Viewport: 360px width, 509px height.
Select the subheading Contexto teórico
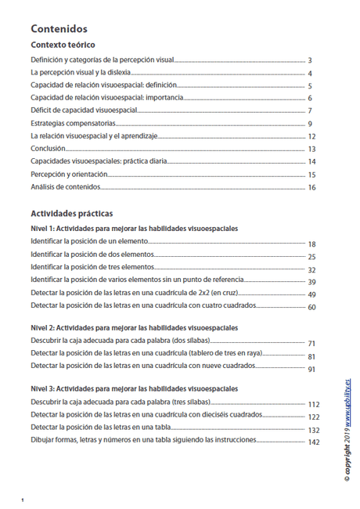tap(63, 45)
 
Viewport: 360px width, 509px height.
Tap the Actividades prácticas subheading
tap(71, 213)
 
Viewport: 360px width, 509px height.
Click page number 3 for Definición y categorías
tap(311, 60)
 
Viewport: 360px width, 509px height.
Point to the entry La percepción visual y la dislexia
tap(88, 73)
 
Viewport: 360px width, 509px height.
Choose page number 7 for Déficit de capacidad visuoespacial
tap(311, 111)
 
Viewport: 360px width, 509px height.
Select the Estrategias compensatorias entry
tap(74, 124)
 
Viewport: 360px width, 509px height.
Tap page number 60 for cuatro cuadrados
tap(311, 308)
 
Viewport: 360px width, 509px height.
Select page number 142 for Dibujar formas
tap(314, 442)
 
